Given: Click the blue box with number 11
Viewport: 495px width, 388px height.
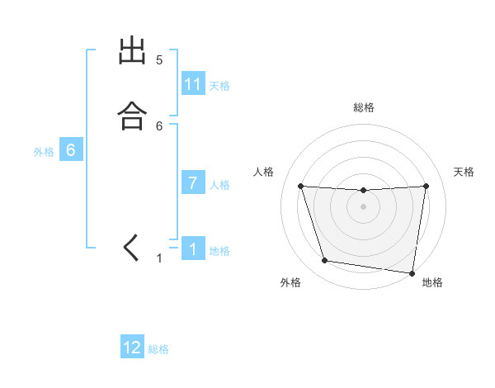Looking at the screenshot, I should [x=193, y=84].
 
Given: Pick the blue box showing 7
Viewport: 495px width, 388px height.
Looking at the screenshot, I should [x=193, y=183].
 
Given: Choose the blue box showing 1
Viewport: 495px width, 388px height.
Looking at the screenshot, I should [x=193, y=249].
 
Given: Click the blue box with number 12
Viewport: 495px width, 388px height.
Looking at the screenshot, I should [x=132, y=348].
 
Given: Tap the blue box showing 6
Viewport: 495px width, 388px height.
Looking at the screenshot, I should [x=71, y=150].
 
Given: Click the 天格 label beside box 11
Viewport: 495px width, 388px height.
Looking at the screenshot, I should [x=219, y=86].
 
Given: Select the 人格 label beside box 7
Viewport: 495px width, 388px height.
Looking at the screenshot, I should [x=219, y=185].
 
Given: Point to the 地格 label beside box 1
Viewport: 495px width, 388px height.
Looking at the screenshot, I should [x=219, y=251].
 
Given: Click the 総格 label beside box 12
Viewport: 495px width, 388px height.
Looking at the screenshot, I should [x=158, y=349].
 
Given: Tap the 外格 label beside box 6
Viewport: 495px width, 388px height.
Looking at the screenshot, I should [x=44, y=152].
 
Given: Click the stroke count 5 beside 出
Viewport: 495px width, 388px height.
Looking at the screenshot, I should [x=159, y=60].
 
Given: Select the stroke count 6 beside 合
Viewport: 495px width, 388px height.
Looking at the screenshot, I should [x=159, y=126].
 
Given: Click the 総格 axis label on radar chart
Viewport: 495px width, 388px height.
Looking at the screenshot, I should [x=363, y=107].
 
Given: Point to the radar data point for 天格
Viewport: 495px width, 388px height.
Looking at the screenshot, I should [x=426, y=186].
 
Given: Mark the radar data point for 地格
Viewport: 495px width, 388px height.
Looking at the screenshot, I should [x=412, y=272].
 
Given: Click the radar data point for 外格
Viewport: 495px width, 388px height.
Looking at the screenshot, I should [x=324, y=261].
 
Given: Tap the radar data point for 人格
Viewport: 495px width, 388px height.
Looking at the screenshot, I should [x=300, y=186].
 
